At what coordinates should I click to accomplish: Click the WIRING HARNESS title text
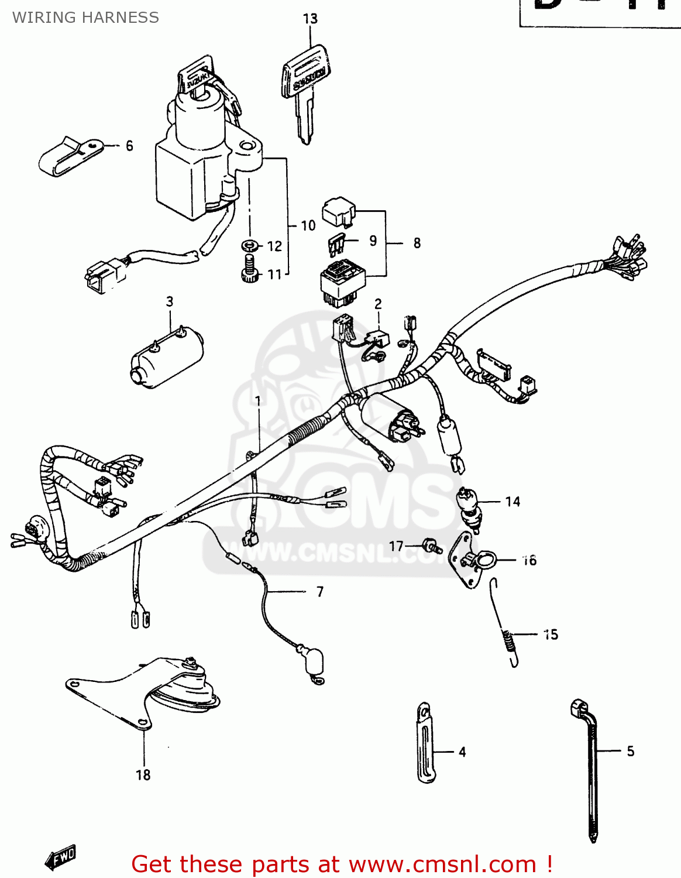coord(85,18)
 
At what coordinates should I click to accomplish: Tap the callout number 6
coord(129,146)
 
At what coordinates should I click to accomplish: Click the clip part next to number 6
coord(68,156)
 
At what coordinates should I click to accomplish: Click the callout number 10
coord(308,225)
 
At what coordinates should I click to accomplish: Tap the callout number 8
coord(417,243)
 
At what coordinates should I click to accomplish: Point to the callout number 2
coord(378,304)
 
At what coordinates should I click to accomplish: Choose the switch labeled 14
coord(469,508)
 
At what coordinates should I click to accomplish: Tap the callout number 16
coord(529,560)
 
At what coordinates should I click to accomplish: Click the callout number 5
coord(630,751)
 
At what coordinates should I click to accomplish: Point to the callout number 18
coord(143,775)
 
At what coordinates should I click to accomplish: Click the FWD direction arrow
coord(61,857)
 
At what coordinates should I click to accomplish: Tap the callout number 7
coord(320,592)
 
